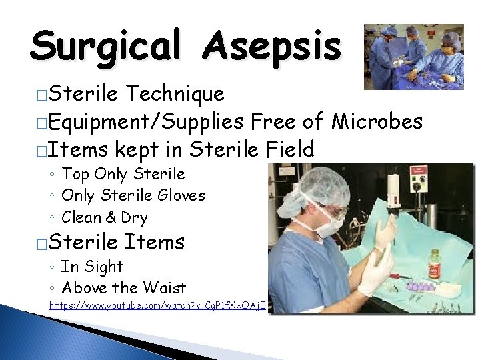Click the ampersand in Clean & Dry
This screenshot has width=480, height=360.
110,217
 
